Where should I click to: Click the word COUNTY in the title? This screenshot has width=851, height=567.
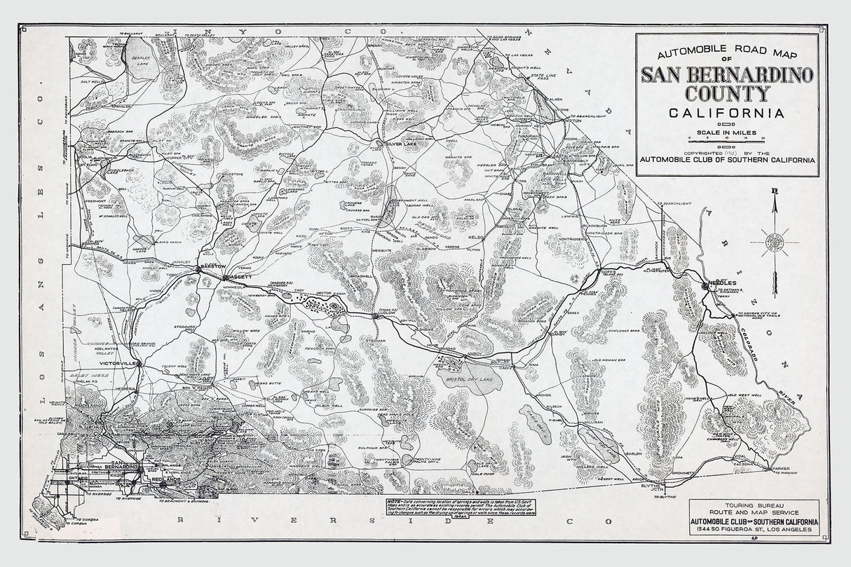click(727, 94)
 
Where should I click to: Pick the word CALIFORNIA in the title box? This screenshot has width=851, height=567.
click(727, 114)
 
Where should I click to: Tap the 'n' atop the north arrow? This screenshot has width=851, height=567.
click(775, 191)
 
